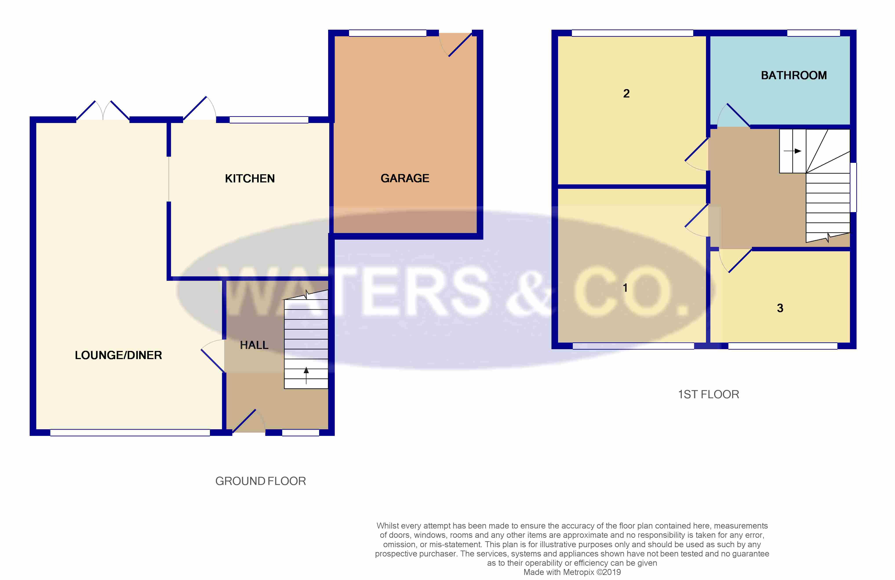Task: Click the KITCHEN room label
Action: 250,178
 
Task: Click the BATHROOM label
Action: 793,75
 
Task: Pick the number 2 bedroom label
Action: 626,93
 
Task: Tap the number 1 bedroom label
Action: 625,288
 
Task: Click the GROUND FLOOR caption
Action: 260,481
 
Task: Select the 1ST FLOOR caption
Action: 708,395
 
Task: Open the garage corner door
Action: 460,45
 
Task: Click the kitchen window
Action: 269,120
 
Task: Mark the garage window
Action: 387,33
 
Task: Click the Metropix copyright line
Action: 572,572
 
